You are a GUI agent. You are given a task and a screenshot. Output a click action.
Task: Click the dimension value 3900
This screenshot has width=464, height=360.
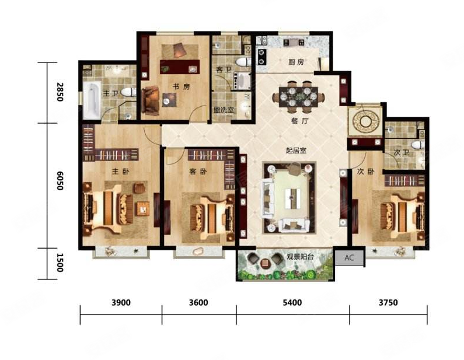[121, 303]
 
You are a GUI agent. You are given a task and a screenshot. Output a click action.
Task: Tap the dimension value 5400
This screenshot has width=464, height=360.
[292, 303]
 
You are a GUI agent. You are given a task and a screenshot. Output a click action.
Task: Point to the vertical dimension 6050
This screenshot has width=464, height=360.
[60, 181]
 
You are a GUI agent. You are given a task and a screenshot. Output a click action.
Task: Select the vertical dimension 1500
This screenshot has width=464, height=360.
[60, 263]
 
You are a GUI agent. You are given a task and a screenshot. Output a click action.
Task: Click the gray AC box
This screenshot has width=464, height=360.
[349, 258]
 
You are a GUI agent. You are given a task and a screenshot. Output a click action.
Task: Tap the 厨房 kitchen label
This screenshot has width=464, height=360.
[296, 62]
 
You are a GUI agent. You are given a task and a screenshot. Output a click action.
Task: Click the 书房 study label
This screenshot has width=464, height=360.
[181, 87]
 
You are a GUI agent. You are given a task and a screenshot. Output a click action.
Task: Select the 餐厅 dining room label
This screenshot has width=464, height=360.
[300, 121]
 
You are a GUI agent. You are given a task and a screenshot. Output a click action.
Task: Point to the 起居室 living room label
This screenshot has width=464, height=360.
[296, 151]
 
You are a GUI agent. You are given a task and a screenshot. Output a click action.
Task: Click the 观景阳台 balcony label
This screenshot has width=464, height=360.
[300, 257]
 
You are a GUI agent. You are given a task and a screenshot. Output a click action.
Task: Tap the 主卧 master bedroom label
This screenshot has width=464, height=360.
[120, 172]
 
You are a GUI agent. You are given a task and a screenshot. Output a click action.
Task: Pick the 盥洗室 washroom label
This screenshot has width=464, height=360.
[224, 110]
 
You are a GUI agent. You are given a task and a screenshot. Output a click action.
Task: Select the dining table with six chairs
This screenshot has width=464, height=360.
[298, 97]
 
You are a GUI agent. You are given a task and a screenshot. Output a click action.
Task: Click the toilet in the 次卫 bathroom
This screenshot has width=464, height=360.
[418, 145]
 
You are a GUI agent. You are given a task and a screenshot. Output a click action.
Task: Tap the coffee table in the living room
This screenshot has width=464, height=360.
[292, 198]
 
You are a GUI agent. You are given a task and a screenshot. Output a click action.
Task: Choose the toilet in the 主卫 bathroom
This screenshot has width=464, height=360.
[128, 92]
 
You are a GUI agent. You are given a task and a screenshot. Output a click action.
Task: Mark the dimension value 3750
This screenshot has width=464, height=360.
[388, 303]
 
